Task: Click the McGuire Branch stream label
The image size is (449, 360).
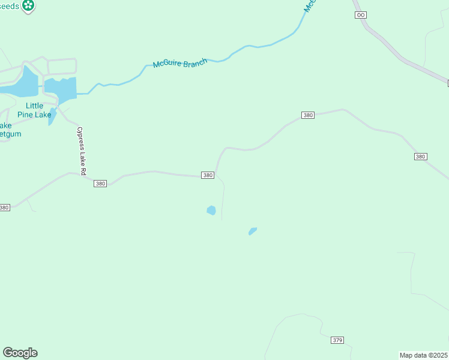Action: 180,63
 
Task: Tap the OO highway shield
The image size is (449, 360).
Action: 360,15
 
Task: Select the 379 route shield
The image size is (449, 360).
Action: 337,340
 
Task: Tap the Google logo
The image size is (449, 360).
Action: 20,353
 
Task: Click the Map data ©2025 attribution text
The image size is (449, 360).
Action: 424,355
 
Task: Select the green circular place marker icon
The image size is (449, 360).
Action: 28,6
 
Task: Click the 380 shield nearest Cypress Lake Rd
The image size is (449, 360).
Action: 100,184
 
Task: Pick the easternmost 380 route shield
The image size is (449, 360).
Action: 420,157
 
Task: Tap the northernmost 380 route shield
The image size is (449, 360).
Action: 307,115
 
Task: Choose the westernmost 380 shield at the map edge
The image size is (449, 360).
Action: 4,208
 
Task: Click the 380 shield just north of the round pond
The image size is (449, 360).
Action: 208,175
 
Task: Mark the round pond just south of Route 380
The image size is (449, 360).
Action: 211,210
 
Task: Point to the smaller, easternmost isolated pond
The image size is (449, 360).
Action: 253,231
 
